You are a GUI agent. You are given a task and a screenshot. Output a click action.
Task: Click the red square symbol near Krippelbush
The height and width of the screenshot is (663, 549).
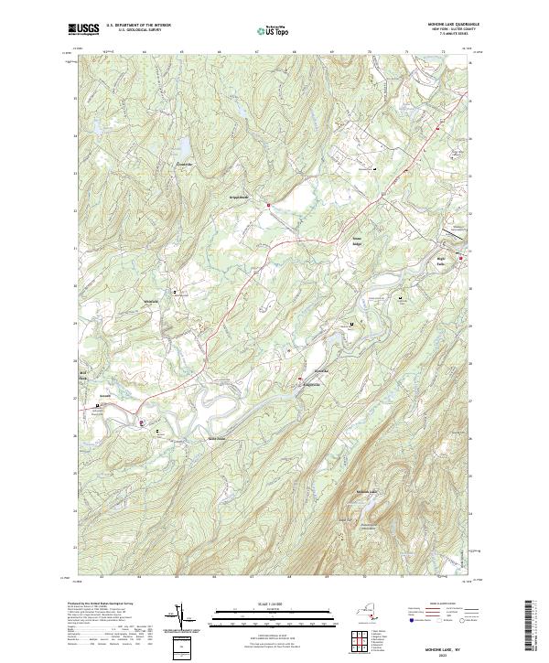click(x=267, y=206)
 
